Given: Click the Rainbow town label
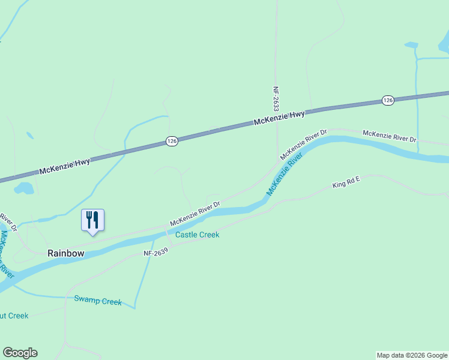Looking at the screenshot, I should (66, 253).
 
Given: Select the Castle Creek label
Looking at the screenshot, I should (197, 235).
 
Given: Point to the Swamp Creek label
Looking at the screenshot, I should (98, 301).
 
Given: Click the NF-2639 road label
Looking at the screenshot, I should (155, 253).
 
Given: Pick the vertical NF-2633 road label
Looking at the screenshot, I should (276, 99).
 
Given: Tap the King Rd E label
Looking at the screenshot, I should (346, 182).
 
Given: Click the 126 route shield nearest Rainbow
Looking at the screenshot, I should (172, 141).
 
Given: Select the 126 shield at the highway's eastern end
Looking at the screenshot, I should (388, 101).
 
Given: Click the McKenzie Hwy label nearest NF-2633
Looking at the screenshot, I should (279, 118).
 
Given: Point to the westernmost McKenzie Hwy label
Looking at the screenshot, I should (65, 166).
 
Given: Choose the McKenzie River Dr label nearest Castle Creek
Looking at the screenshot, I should (194, 214).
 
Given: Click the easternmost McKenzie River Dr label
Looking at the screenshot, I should (390, 136).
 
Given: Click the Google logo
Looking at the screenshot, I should (20, 353).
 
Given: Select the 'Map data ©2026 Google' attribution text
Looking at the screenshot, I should (412, 355).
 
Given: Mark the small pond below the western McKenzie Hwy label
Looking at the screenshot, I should (25, 189).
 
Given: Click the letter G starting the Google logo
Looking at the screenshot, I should (7, 353).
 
